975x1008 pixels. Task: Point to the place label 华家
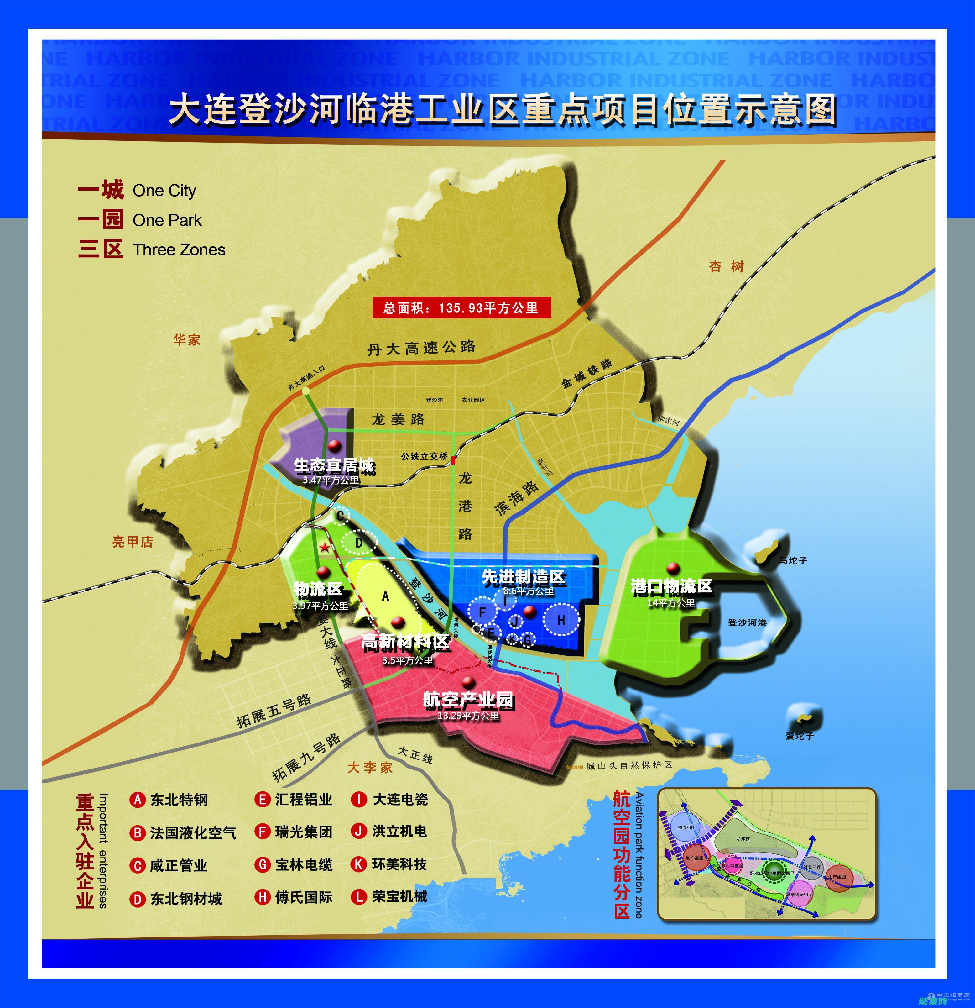(x=186, y=339)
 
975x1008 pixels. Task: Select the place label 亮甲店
(x=133, y=542)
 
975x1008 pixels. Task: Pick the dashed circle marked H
(x=561, y=620)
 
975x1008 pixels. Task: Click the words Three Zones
(x=179, y=250)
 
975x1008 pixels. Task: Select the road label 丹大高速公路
(x=421, y=348)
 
